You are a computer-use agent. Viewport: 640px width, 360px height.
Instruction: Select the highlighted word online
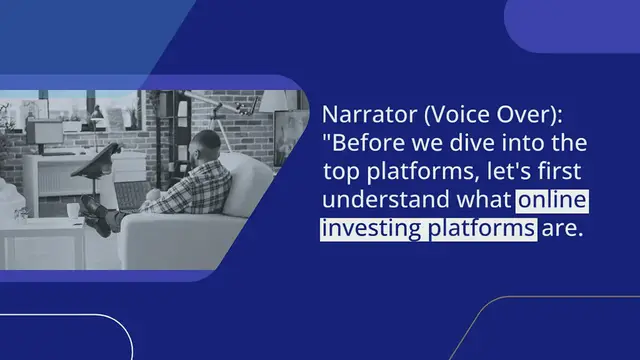pyautogui.click(x=552, y=201)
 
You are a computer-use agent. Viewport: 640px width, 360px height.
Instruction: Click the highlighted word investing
pyautogui.click(x=372, y=230)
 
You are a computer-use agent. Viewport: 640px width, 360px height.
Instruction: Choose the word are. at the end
pyautogui.click(x=562, y=230)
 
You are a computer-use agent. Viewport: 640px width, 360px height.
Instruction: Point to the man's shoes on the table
pyautogui.click(x=95, y=212)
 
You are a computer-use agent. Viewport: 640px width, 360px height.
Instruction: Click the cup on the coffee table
pyautogui.click(x=72, y=211)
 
